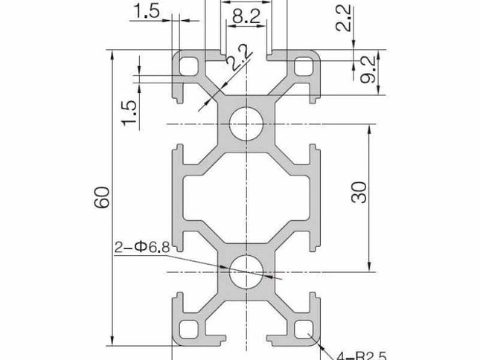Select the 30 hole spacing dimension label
tap(360, 195)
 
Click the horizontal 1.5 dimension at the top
tap(147, 10)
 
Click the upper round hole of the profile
tap(245, 123)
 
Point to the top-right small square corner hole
tap(304, 67)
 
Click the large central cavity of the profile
tap(245, 198)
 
